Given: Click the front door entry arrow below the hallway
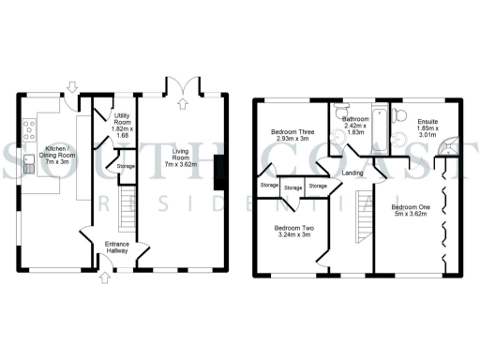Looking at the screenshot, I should click(104, 277).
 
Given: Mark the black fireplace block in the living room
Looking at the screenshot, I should click(219, 172).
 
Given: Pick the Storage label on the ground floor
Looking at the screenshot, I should click(125, 167).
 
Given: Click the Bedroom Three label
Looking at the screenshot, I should click(290, 135).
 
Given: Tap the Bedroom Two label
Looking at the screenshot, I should click(294, 232).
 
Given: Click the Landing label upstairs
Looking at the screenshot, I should click(353, 173).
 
